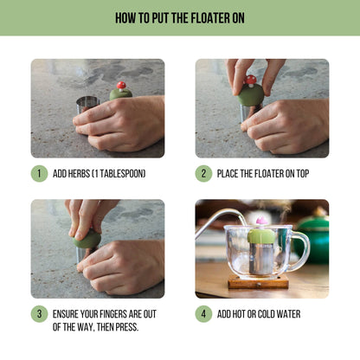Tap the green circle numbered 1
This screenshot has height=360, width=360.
[39, 173]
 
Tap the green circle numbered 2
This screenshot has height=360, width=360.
[203, 173]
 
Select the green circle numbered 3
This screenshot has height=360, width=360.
[39, 313]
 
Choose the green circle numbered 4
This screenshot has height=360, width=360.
[203, 313]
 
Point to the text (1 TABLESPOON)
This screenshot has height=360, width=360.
[122, 174]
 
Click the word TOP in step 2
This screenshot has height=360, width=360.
[299, 174]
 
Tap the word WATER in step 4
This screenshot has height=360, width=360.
[286, 314]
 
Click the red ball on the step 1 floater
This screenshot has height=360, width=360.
[121, 86]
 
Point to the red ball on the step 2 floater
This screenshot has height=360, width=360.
[251, 80]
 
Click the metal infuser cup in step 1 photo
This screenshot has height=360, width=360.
[87, 104]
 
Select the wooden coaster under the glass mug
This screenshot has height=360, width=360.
[259, 283]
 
